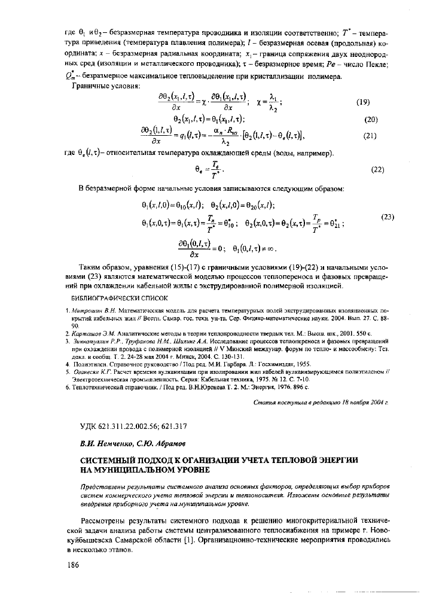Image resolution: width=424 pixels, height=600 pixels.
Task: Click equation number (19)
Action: (363, 102)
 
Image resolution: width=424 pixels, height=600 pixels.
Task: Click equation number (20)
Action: (371, 120)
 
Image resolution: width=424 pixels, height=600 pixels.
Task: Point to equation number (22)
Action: (377, 169)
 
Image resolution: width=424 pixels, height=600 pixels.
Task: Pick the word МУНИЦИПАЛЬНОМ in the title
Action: (128, 470)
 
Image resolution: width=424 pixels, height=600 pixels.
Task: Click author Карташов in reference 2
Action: (89, 332)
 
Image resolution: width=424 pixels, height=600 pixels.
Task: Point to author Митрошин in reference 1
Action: (90, 311)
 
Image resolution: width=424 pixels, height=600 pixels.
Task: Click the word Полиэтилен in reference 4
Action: (90, 363)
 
